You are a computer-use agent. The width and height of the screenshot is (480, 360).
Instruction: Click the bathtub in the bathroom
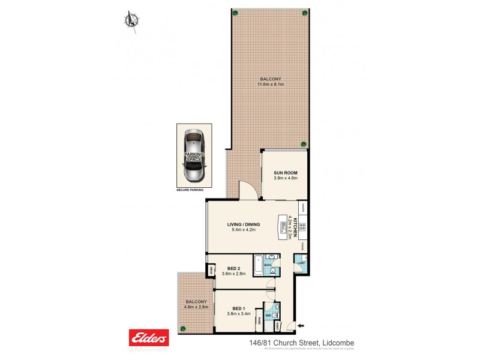256,265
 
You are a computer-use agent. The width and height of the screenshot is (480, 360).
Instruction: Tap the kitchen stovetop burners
303,227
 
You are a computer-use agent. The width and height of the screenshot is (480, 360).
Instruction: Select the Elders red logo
149,337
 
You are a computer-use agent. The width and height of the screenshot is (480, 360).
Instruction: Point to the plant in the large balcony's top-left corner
236,13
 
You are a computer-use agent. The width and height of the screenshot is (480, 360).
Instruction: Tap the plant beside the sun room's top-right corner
304,144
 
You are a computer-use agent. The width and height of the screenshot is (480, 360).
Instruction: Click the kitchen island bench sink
281,226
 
